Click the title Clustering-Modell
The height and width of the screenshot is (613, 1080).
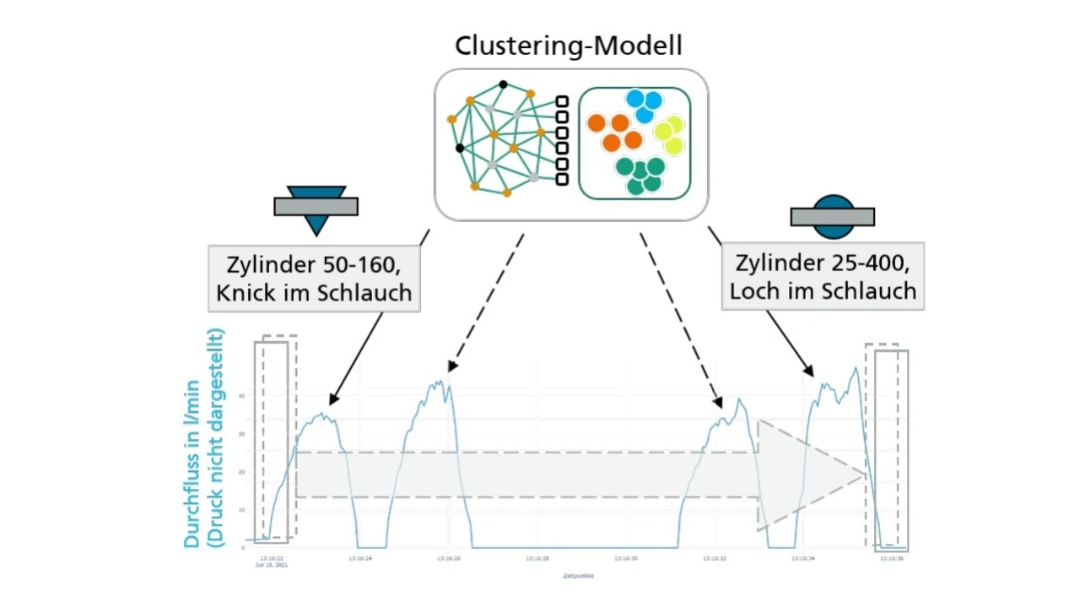click(x=569, y=46)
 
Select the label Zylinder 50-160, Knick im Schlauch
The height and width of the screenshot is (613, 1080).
click(x=313, y=279)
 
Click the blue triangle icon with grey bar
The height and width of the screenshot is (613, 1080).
click(x=316, y=208)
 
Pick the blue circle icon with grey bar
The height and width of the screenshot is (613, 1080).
click(x=832, y=216)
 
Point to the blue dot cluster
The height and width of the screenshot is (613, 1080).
click(x=645, y=106)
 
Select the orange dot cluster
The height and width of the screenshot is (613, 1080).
click(x=615, y=132)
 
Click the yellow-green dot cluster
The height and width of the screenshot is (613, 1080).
click(x=669, y=133)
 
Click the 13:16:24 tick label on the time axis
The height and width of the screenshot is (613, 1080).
click(x=360, y=558)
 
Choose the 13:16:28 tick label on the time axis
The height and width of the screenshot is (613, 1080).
click(x=537, y=558)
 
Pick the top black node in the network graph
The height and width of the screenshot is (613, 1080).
click(x=503, y=84)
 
